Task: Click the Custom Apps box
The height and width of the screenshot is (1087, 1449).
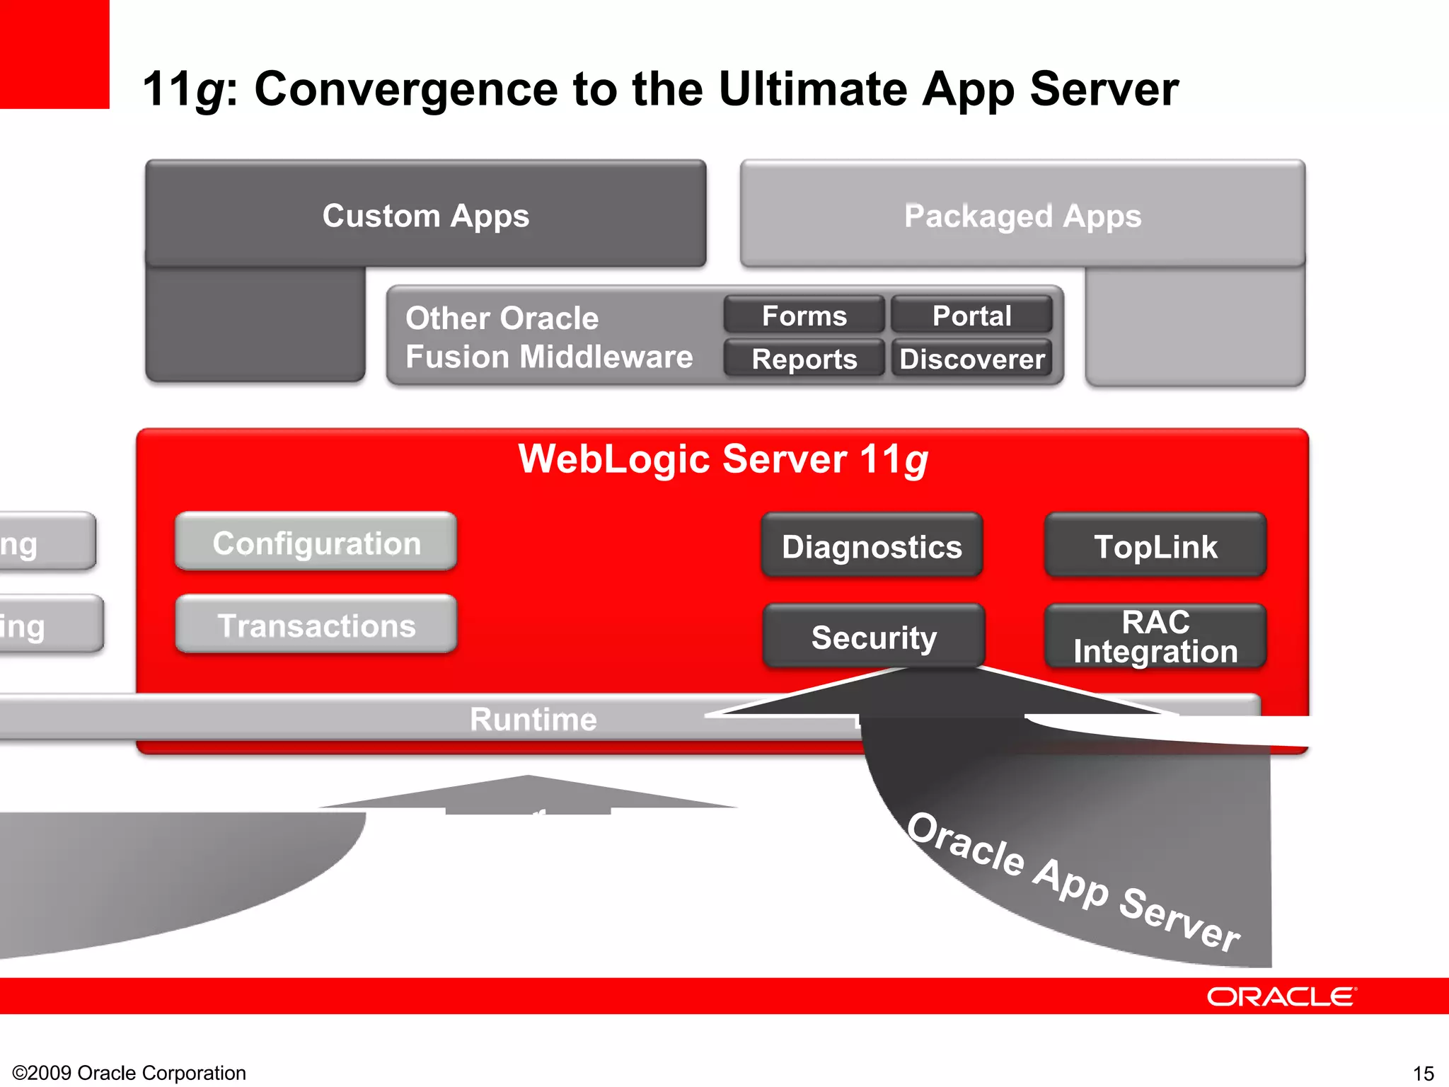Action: pos(425,215)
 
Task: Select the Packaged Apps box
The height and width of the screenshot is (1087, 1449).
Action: pos(1022,215)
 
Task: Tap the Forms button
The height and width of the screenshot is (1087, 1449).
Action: pos(804,316)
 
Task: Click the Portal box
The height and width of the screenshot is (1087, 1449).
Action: pos(971,316)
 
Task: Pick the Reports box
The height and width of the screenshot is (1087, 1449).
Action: pos(804,359)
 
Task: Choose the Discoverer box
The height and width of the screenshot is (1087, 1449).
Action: pos(971,359)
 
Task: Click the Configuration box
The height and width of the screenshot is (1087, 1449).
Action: pos(316,543)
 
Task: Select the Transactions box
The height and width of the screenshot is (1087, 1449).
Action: pos(316,626)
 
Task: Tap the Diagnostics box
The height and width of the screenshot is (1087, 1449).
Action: pos(872,546)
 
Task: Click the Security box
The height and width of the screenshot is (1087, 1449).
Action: pos(874,637)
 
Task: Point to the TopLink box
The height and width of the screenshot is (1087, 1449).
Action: pos(1155,546)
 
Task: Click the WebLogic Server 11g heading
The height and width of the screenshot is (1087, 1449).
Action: pos(722,459)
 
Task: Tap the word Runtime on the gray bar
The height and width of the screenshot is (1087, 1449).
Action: pos(533,719)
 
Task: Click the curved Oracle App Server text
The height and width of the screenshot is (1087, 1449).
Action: pos(1073,881)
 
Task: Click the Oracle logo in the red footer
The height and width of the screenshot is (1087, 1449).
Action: pos(1281,996)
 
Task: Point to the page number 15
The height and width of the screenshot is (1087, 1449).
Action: pos(1423,1073)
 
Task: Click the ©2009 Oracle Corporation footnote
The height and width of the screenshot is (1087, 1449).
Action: pos(129,1073)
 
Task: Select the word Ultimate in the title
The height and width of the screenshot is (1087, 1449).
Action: pos(812,89)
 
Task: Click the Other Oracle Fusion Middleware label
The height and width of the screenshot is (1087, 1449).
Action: pos(548,337)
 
